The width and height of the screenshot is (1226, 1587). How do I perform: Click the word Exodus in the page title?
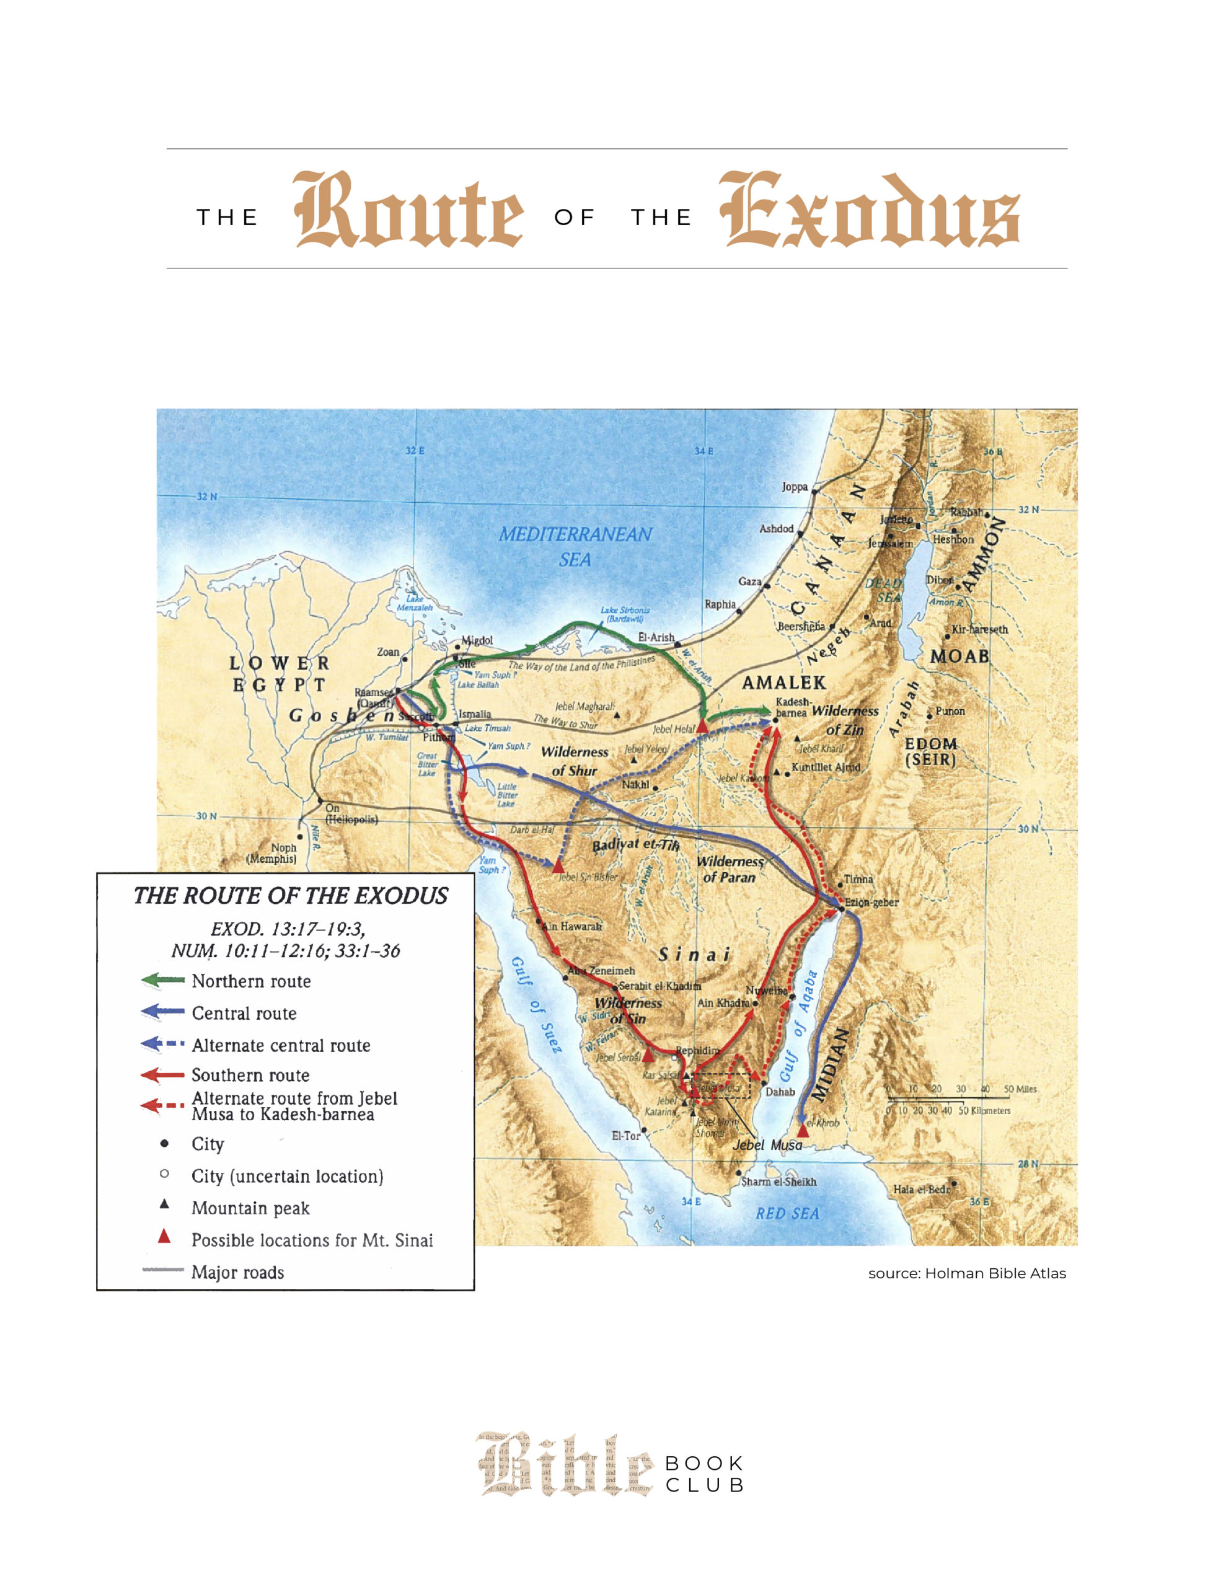[x=869, y=211]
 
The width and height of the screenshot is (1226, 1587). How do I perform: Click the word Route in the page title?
[x=408, y=211]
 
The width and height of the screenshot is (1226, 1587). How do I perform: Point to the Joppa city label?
[x=795, y=487]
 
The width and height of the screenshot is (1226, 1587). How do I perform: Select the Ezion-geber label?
[x=871, y=903]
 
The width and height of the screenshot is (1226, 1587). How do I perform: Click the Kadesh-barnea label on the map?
[x=792, y=707]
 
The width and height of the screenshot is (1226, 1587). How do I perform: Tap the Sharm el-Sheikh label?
[x=778, y=1182]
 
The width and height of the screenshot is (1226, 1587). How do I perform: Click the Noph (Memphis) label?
[x=273, y=853]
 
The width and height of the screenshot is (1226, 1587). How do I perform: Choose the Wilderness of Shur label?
[x=574, y=761]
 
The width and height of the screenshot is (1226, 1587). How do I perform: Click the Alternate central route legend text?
[x=281, y=1045]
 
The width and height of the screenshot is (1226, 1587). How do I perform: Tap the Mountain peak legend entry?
[x=250, y=1208]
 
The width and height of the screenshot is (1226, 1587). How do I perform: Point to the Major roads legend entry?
[x=237, y=1272]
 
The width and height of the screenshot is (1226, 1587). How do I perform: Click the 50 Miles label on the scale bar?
[x=1020, y=1089]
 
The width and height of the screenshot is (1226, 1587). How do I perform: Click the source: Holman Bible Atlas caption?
[x=966, y=1273]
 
